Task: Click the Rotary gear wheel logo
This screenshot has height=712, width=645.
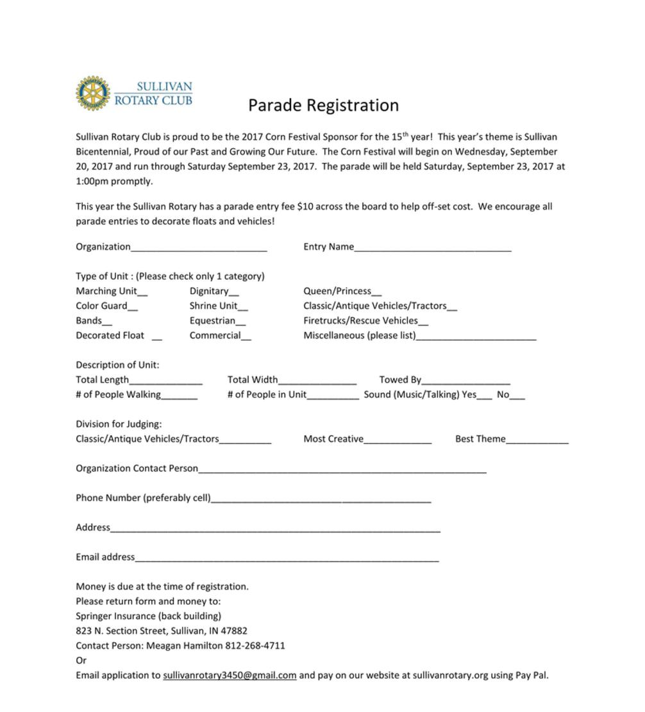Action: point(93,93)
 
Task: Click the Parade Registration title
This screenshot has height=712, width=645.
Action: point(323,105)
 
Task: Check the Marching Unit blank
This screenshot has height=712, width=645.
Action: point(142,294)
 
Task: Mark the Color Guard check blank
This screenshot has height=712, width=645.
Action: point(133,308)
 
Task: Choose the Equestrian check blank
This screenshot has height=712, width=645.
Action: point(240,323)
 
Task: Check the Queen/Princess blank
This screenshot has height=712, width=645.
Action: point(376,294)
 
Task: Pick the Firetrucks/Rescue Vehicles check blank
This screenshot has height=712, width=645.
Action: point(423,323)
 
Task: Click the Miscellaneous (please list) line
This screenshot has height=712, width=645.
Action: point(476,338)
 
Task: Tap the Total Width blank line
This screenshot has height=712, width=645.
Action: point(317,382)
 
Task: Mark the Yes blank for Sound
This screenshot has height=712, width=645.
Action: point(485,397)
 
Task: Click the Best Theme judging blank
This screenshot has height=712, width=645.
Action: point(537,441)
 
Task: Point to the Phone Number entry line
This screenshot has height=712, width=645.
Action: point(321,500)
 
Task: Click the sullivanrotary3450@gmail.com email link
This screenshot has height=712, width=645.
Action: point(230,675)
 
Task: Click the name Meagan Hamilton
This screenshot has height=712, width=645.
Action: point(185,645)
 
